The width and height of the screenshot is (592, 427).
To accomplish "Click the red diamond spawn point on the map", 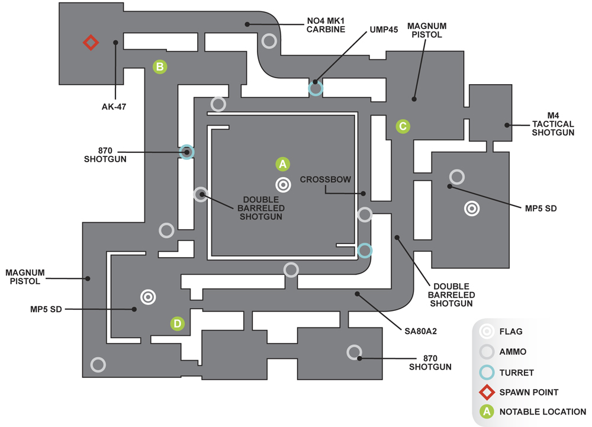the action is pyautogui.click(x=91, y=42).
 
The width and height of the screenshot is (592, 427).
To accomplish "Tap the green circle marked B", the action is pyautogui.click(x=160, y=67).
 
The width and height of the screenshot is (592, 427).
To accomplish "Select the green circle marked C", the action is pyautogui.click(x=403, y=126).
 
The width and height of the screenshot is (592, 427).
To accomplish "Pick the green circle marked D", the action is pyautogui.click(x=178, y=323).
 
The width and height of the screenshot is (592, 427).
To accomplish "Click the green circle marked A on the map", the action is pyautogui.click(x=283, y=164).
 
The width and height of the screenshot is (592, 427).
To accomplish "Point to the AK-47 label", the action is pyautogui.click(x=114, y=107).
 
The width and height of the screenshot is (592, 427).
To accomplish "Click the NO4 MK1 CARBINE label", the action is pyautogui.click(x=326, y=25).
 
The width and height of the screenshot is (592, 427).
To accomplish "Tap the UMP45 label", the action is pyautogui.click(x=384, y=30).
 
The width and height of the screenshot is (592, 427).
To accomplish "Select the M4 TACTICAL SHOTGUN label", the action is pyautogui.click(x=553, y=124).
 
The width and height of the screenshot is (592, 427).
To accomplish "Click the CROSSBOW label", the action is pyautogui.click(x=326, y=179).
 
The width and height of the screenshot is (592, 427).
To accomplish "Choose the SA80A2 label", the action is pyautogui.click(x=420, y=332).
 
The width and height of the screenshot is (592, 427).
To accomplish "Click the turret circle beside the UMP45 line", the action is pyautogui.click(x=316, y=88).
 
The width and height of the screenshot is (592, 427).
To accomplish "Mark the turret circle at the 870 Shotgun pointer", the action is pyautogui.click(x=186, y=152).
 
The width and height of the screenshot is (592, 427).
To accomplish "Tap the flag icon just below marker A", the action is pyautogui.click(x=283, y=185).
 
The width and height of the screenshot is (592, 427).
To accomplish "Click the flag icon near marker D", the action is pyautogui.click(x=148, y=297).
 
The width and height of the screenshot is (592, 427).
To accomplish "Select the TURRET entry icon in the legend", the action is pyautogui.click(x=487, y=373).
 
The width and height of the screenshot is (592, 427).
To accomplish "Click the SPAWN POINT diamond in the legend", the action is pyautogui.click(x=487, y=392).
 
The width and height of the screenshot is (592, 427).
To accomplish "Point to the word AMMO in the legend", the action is pyautogui.click(x=513, y=352).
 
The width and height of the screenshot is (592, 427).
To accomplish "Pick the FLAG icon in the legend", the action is pyautogui.click(x=487, y=331).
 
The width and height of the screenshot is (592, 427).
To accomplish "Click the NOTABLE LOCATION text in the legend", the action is pyautogui.click(x=542, y=412).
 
